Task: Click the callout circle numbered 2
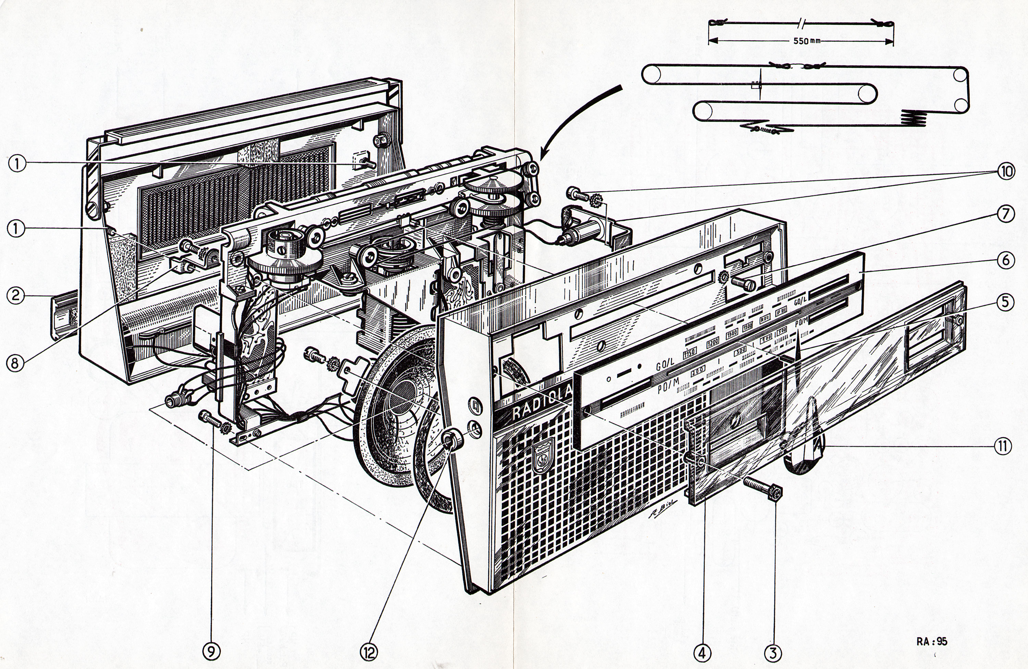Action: point(15,296)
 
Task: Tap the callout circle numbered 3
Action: point(773,653)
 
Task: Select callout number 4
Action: point(701,653)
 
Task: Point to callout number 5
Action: point(1005,302)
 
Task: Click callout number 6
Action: point(1005,260)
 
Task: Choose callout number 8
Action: point(15,363)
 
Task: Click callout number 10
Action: point(1005,172)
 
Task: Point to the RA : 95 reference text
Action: point(932,641)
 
